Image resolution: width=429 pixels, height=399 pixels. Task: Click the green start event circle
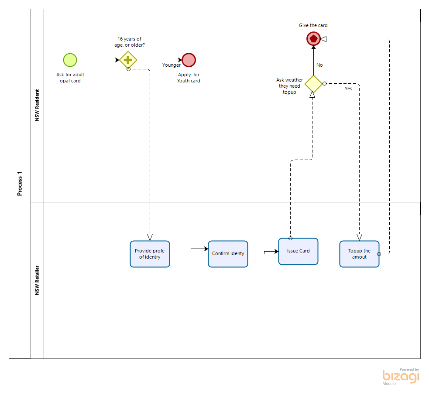coord(70,60)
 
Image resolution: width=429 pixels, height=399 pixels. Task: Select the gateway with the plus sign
coord(128,60)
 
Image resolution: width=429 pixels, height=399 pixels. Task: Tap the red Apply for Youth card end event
coord(189,60)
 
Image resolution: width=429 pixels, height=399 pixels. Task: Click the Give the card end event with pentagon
coord(313,39)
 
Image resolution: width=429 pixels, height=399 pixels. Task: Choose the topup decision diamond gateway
coord(313,83)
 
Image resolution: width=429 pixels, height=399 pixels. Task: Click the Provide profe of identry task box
coord(150,254)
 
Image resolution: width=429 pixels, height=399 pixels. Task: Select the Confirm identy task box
coord(228,254)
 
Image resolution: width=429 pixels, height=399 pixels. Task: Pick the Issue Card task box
coord(298,251)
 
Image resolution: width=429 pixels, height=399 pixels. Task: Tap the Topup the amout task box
coord(359,254)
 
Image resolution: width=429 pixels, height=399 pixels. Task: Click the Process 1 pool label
coord(20,184)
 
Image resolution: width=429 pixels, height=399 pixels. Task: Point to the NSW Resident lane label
coord(37,106)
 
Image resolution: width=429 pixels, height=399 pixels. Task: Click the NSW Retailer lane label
coord(37,280)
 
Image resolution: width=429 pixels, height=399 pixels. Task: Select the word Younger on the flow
coord(172,65)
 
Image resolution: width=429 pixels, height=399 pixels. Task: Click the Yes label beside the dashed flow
coord(348,89)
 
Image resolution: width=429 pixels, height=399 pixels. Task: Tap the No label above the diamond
coord(319,65)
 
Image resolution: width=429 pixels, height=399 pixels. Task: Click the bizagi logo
coord(400,376)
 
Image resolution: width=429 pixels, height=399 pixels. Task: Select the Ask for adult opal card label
coord(70,78)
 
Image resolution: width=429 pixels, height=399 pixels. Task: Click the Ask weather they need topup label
coord(289,86)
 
